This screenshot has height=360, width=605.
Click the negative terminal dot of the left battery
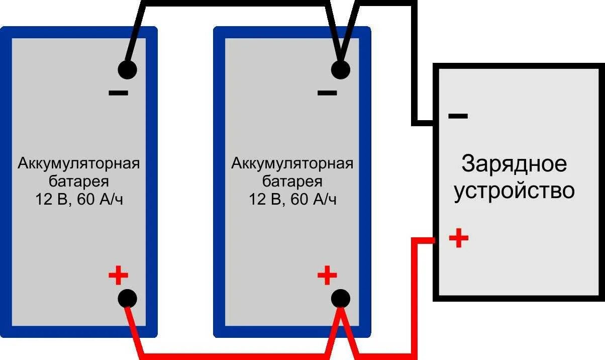coord(127,69)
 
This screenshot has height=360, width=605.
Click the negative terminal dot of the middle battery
coord(340,69)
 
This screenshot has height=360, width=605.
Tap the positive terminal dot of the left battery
coord(127,299)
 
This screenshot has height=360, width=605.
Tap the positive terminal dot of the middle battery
coord(340,299)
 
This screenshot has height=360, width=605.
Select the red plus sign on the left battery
coord(119,276)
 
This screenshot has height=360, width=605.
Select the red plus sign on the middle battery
coord(327,275)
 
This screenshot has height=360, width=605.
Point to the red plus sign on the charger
coord(458,238)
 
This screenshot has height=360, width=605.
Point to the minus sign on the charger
coord(458,116)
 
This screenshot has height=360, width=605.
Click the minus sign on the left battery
coord(119,93)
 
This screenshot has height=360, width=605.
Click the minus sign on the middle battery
coord(327,93)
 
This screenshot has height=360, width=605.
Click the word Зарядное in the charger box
coord(514,165)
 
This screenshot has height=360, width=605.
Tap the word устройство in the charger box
coord(514,191)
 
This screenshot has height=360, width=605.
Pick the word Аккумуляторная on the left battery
coord(79,164)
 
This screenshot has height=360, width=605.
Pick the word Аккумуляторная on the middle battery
coord(292,164)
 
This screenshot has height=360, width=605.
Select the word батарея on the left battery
coord(79,182)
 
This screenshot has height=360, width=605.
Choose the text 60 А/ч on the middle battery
coord(313,200)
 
